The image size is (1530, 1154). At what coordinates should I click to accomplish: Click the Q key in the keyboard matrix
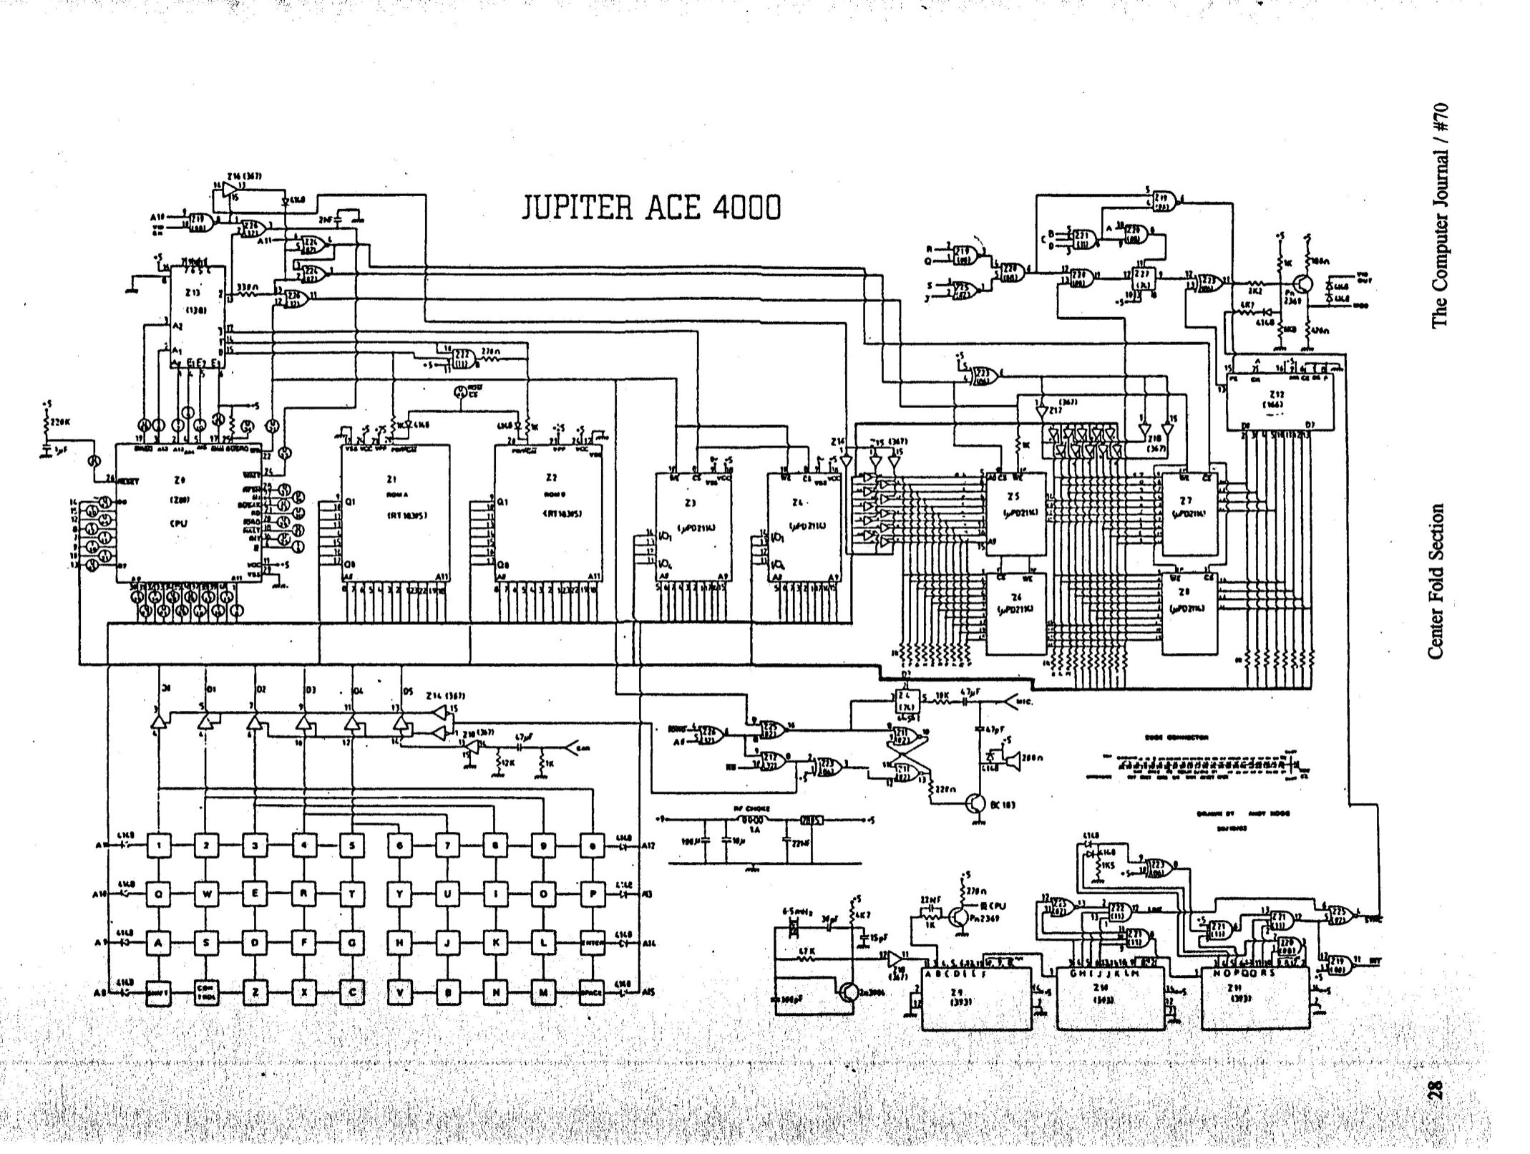[158, 893]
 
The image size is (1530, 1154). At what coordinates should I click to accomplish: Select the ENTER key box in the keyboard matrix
[593, 943]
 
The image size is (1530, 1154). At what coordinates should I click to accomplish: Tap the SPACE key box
[593, 992]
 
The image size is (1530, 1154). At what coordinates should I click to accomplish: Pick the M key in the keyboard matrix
[543, 992]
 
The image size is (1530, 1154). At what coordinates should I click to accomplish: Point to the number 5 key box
[351, 845]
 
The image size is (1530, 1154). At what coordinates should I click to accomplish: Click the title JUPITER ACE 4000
[651, 208]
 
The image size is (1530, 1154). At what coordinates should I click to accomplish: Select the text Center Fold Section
[1436, 581]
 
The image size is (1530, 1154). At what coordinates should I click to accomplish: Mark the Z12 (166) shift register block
[1280, 402]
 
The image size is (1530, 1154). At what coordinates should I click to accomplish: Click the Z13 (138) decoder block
[197, 316]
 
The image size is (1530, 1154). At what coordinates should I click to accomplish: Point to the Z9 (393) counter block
[976, 998]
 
